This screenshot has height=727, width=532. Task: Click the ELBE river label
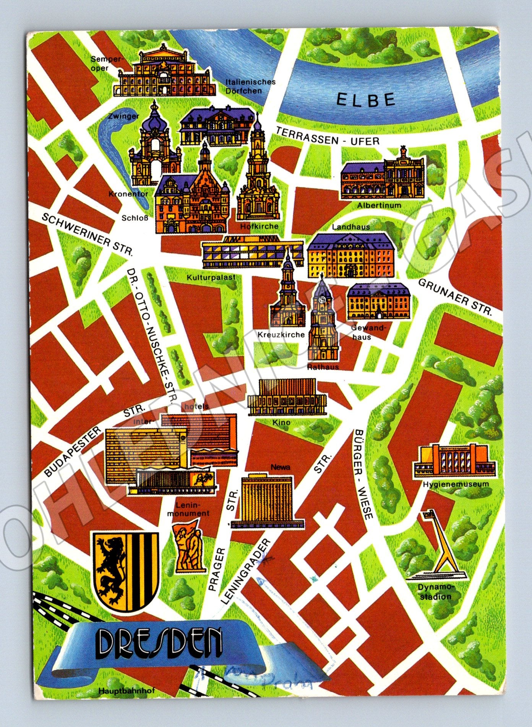(x=366, y=100)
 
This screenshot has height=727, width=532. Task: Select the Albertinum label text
(x=379, y=205)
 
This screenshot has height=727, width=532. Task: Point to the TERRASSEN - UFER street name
(x=328, y=136)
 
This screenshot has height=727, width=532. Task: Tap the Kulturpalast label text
(x=211, y=277)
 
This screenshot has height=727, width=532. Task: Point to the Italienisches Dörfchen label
(x=250, y=86)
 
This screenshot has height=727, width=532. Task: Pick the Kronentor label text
(x=128, y=194)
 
